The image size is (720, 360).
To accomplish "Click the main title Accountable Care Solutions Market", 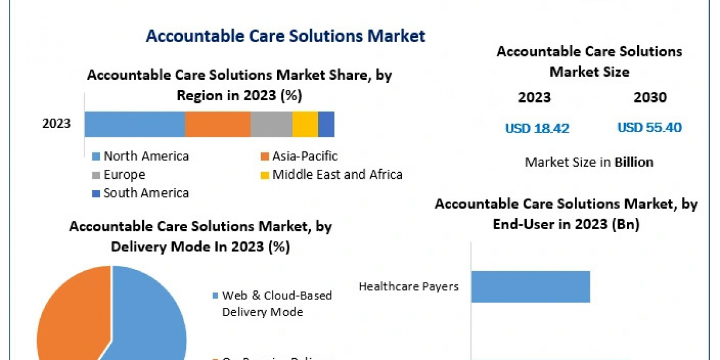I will (286, 36).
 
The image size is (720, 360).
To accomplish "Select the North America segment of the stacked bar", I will (134, 124).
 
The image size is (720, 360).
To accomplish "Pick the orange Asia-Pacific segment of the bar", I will (217, 124).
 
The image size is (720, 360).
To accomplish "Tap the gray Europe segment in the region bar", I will (271, 124).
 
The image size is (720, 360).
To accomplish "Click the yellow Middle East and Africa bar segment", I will (305, 124).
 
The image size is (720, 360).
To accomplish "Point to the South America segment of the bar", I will (326, 124).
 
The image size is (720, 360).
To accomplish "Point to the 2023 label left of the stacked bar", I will (56, 124).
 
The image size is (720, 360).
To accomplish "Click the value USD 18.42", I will (537, 128).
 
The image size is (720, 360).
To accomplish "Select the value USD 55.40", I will (650, 128).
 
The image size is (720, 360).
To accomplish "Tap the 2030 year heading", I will (650, 98).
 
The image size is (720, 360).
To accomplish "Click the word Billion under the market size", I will (634, 162).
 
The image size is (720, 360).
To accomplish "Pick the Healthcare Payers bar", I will (530, 286).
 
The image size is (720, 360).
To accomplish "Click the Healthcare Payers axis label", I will (409, 286).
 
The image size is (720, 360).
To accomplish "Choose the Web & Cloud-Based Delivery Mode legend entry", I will (277, 304).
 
